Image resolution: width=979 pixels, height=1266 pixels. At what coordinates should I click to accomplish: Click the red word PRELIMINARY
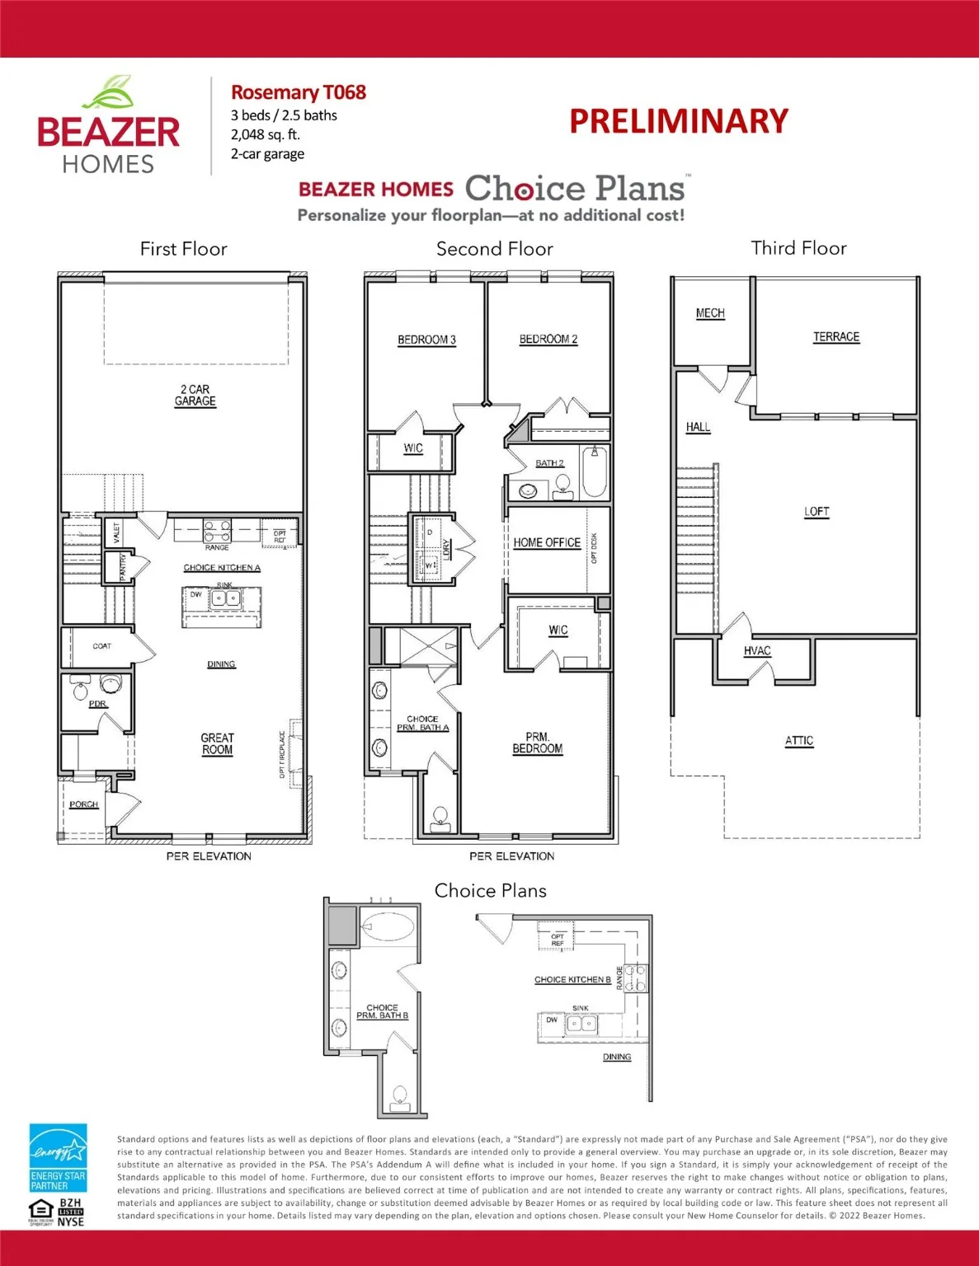pos(678,121)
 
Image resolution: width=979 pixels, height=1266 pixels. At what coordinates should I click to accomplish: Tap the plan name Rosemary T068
pos(298,92)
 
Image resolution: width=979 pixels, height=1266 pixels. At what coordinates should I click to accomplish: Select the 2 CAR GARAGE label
pos(195,395)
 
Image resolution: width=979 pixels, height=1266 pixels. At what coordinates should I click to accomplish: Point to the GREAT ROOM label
pos(217,743)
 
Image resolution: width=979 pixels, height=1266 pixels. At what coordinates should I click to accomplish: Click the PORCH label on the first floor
pos(83,804)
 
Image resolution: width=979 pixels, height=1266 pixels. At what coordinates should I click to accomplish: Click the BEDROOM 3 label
pos(426,340)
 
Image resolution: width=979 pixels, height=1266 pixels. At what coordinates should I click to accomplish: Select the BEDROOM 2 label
pos(548,339)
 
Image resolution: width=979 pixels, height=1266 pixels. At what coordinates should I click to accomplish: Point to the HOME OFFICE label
pos(547,542)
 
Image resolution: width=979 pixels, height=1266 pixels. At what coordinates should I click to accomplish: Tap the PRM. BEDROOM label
pos(537,743)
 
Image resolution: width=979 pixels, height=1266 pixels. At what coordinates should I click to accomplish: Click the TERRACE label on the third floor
pos(835,336)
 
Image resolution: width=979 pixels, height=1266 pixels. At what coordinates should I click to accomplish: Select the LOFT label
pos(817,511)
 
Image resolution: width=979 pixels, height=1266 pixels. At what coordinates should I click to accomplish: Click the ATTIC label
pos(798,740)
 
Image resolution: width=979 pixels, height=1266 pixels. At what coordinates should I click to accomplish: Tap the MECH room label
pos(709,313)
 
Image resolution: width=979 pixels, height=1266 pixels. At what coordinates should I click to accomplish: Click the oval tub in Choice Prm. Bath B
pos(388,926)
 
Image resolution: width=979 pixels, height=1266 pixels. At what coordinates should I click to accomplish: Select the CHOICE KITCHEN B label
pos(572,979)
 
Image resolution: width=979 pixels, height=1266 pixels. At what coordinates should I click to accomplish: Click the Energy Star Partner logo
pos(58,1158)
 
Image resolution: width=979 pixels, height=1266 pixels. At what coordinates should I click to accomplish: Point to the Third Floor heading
pos(798,248)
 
